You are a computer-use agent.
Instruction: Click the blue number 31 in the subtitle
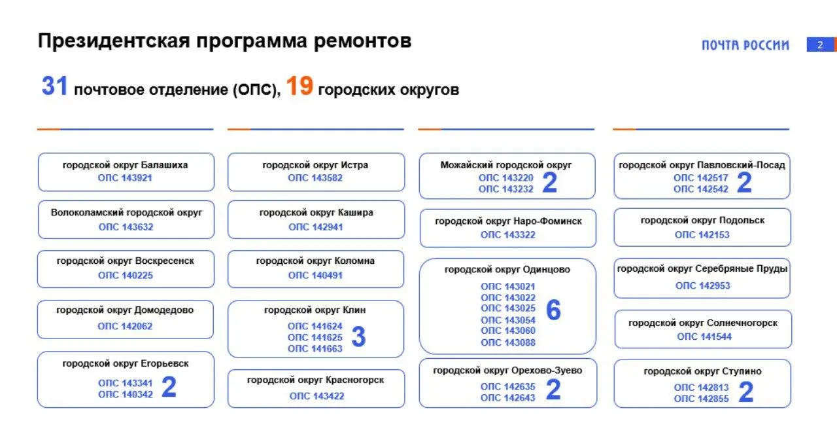click(54, 86)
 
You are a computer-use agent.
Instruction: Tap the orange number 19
click(299, 86)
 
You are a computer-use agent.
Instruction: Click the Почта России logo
click(745, 45)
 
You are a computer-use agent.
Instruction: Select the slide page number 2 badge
click(820, 45)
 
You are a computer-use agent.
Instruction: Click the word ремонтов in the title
click(362, 41)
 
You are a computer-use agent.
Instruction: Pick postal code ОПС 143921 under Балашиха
click(125, 177)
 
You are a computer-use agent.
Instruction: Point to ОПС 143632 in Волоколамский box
click(126, 227)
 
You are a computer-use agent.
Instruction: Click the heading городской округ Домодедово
click(125, 310)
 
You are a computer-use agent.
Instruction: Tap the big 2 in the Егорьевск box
click(169, 387)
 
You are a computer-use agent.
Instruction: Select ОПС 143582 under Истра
click(315, 177)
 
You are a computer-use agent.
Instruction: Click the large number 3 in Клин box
click(359, 337)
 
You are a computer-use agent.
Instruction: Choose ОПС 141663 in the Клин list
click(315, 348)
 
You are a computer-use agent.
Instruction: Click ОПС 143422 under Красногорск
click(317, 396)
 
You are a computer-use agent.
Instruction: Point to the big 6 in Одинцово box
click(553, 310)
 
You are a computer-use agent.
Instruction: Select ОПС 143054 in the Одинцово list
click(508, 320)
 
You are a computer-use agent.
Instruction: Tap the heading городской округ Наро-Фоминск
click(509, 221)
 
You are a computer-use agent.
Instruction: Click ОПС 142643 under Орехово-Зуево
click(508, 398)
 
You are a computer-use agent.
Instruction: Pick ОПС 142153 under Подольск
click(702, 234)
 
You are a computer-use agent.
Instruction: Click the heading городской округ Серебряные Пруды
click(702, 268)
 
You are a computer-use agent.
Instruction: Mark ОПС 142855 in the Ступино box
click(702, 399)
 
